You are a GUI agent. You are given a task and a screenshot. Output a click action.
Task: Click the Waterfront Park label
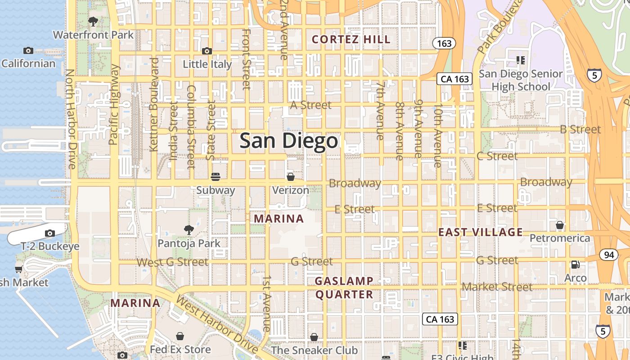[93, 35]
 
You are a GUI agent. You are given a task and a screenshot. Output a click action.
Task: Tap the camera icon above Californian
[28, 50]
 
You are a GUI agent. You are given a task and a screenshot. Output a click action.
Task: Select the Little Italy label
[207, 64]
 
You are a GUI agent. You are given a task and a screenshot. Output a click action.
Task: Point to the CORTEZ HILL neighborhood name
[351, 40]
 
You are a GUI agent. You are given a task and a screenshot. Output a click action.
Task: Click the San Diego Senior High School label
[521, 80]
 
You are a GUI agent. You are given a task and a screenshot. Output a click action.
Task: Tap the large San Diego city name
[288, 141]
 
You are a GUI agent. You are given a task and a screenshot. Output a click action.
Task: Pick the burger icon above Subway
[216, 176]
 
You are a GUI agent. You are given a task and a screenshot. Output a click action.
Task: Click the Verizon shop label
[291, 190]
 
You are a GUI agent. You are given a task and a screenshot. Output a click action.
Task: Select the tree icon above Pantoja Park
[189, 230]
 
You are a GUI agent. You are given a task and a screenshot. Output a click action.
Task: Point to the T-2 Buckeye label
[50, 246]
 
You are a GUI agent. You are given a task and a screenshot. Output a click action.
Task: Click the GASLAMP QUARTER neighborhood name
[344, 288]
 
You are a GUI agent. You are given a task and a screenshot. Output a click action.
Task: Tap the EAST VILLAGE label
[481, 232]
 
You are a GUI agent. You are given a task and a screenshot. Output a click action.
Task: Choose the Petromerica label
[560, 238]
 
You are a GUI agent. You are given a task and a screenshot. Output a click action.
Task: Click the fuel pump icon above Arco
[575, 265]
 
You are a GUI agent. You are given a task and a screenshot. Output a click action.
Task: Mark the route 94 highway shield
[609, 255]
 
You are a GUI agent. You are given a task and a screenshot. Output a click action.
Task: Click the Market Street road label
[497, 287]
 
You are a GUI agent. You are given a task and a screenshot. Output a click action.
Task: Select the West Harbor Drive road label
[216, 324]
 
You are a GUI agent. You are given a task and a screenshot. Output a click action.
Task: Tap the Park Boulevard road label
[499, 26]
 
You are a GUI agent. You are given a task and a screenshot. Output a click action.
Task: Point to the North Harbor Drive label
[71, 119]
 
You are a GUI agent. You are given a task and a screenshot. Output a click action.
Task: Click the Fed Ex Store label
[180, 349]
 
